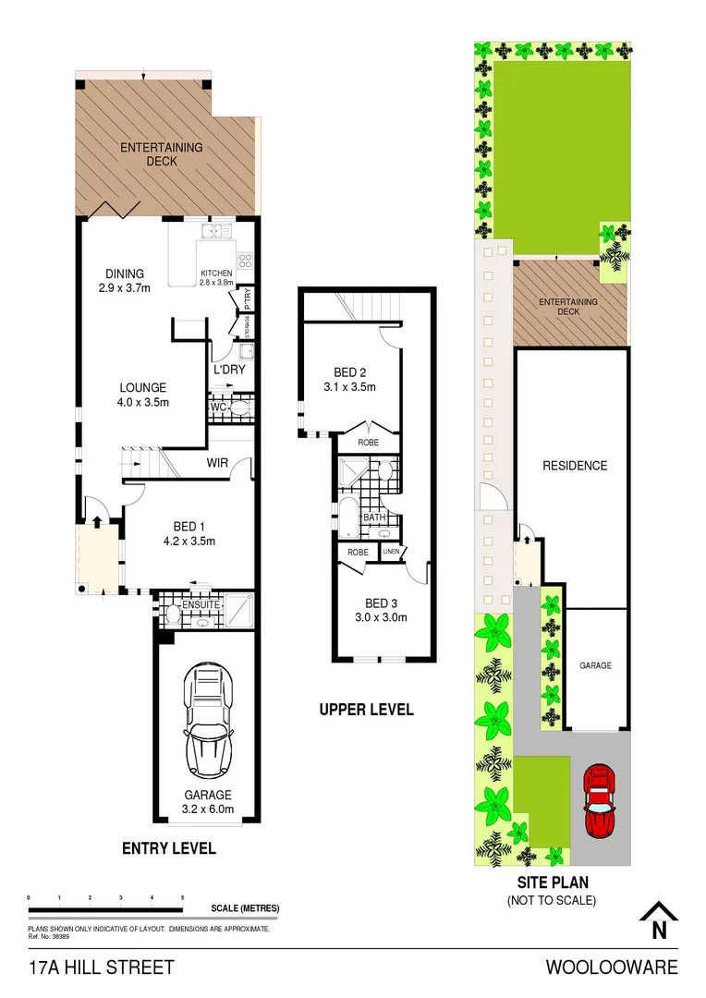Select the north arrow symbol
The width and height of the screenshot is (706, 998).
pyautogui.click(x=659, y=921)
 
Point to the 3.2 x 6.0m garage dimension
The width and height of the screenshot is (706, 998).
pyautogui.click(x=207, y=809)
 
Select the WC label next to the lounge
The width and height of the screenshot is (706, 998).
pyautogui.click(x=218, y=407)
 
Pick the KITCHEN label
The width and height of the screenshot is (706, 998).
pyautogui.click(x=217, y=274)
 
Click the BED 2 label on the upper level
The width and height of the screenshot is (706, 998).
pyautogui.click(x=348, y=372)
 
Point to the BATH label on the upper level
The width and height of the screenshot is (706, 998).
pyautogui.click(x=374, y=517)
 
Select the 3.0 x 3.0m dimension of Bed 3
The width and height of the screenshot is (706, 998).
pyautogui.click(x=381, y=618)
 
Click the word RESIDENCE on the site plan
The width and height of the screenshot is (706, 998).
pyautogui.click(x=574, y=466)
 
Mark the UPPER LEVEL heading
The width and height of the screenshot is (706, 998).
pyautogui.click(x=366, y=710)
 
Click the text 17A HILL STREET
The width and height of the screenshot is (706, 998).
pyautogui.click(x=101, y=968)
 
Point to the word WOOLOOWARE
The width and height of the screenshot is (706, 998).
pyautogui.click(x=611, y=968)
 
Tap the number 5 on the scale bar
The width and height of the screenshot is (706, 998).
pyautogui.click(x=182, y=897)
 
